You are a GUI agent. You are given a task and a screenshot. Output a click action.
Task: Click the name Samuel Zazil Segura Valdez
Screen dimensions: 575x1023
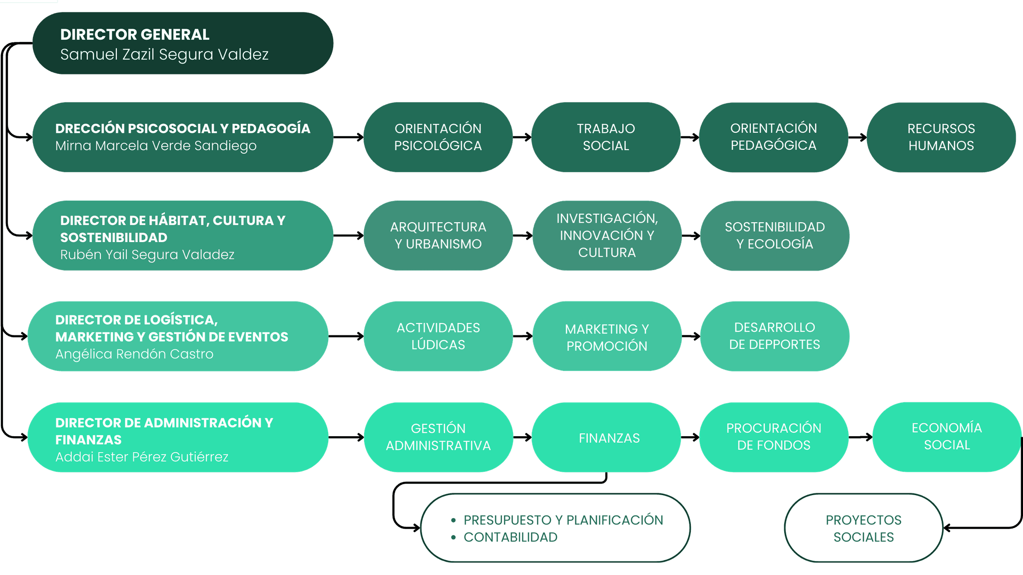[164, 54]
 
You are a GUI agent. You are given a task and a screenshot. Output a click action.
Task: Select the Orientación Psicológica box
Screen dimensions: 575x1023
[438, 137]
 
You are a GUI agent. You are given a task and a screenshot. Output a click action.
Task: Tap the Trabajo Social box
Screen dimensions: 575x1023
[606, 137]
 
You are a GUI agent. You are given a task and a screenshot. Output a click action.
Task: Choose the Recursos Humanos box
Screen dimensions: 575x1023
[941, 137]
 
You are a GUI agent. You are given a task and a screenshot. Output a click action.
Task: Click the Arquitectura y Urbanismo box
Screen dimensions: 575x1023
[438, 236]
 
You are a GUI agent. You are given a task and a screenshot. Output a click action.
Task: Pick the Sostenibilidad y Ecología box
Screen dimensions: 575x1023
[775, 236]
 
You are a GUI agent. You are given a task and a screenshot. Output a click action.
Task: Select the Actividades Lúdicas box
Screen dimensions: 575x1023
[438, 336]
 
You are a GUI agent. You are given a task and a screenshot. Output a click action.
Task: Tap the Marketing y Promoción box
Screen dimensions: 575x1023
[607, 337]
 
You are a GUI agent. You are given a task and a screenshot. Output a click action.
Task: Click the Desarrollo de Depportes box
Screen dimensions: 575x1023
[775, 336]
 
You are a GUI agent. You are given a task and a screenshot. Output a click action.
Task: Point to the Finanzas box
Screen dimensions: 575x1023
[609, 438]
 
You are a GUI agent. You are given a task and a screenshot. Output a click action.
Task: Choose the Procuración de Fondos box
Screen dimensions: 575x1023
[774, 437]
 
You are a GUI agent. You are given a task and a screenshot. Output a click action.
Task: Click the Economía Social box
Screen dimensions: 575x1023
[947, 436]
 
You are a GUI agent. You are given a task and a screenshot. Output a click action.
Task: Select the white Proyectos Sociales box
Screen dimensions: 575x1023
[864, 528]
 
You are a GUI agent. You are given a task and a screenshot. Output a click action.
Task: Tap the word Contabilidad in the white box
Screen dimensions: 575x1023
[510, 537]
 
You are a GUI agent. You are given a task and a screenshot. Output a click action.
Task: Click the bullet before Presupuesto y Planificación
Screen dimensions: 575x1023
[454, 521]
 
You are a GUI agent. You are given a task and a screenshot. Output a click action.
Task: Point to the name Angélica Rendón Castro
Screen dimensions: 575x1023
[134, 354]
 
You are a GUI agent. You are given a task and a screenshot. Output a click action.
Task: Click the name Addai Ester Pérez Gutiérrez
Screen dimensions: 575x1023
[142, 457]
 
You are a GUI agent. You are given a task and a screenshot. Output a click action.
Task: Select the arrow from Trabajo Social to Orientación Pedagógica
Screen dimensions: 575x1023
[690, 137]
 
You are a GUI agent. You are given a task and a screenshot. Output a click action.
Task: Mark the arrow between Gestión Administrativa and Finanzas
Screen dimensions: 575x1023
[522, 437]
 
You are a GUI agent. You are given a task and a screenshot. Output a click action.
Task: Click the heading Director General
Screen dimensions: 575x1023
[135, 34]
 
